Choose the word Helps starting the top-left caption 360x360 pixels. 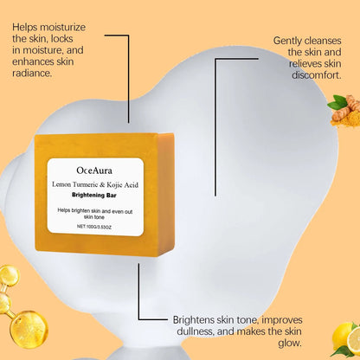pyautogui.click(x=28, y=27)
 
